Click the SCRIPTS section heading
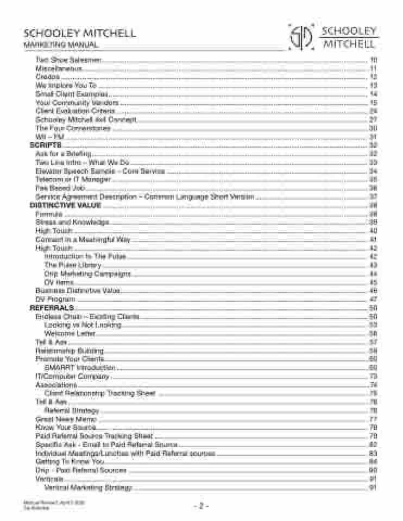[45, 145]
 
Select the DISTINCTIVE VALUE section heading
[65, 205]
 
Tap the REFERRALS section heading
[51, 308]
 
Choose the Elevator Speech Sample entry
[100, 171]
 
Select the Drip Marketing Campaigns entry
[87, 274]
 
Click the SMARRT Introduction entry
[80, 367]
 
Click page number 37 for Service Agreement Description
[373, 196]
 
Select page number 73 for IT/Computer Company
[373, 376]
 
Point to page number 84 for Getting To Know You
[373, 462]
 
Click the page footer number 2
[201, 506]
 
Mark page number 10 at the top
[373, 60]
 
